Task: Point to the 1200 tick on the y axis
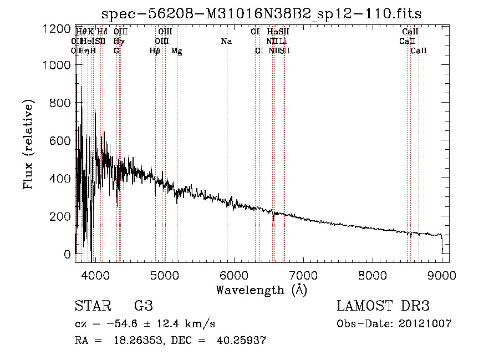pyautogui.click(x=57, y=28)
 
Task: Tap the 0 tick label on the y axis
pyautogui.click(x=68, y=254)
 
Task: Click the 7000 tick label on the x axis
pyautogui.click(x=303, y=275)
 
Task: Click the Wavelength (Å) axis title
pyautogui.click(x=261, y=290)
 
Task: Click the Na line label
pyautogui.click(x=226, y=42)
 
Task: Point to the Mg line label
pyautogui.click(x=176, y=51)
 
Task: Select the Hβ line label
pyautogui.click(x=155, y=51)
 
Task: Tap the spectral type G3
pyautogui.click(x=143, y=306)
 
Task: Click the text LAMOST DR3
pyautogui.click(x=383, y=306)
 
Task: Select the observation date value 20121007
pyautogui.click(x=427, y=324)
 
